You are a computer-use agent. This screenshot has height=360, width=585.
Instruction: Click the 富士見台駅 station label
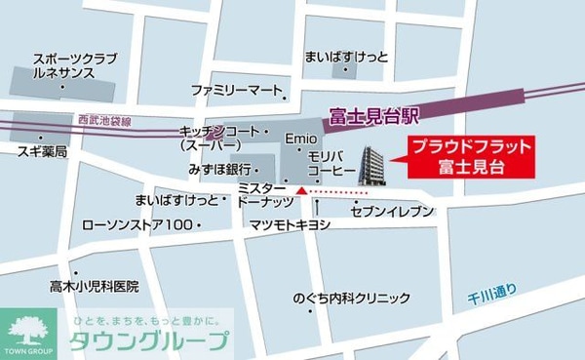(x=373, y=116)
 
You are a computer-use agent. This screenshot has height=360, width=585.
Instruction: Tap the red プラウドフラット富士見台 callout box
(x=471, y=157)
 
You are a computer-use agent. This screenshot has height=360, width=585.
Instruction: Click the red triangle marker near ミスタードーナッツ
(x=302, y=191)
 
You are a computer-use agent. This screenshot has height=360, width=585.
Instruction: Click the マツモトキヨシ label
(x=290, y=225)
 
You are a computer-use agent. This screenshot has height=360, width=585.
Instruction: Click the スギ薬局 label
(x=41, y=153)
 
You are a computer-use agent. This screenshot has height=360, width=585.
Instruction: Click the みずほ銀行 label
(x=219, y=169)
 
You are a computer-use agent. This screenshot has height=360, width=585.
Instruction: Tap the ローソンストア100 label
(x=137, y=225)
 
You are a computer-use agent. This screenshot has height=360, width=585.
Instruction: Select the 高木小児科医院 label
(x=95, y=287)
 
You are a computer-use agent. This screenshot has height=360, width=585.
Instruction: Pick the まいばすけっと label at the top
(x=346, y=57)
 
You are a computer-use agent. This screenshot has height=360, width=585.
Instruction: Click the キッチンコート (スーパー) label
(x=220, y=138)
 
